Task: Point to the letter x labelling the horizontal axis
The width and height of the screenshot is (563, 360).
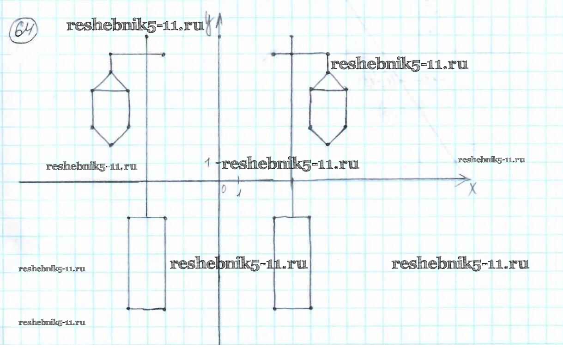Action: point(472,189)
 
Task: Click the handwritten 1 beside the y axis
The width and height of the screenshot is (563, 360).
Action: point(209,162)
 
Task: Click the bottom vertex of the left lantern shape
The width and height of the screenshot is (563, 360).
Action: point(111,145)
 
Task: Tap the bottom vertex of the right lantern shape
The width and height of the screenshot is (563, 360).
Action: point(328,145)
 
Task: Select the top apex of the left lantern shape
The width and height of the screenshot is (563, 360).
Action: point(111,72)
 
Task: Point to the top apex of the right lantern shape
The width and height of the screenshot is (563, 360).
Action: point(328,73)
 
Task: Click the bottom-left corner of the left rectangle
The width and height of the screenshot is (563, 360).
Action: point(128,308)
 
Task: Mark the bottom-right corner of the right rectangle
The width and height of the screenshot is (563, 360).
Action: point(310,308)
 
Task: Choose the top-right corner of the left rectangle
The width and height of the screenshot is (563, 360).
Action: point(165,217)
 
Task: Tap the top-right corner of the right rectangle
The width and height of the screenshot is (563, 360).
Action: point(310,217)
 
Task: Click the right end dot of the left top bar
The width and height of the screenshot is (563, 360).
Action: point(164,55)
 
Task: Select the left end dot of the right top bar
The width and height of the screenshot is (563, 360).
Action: point(273,55)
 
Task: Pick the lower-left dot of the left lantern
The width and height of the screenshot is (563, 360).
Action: point(93,127)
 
